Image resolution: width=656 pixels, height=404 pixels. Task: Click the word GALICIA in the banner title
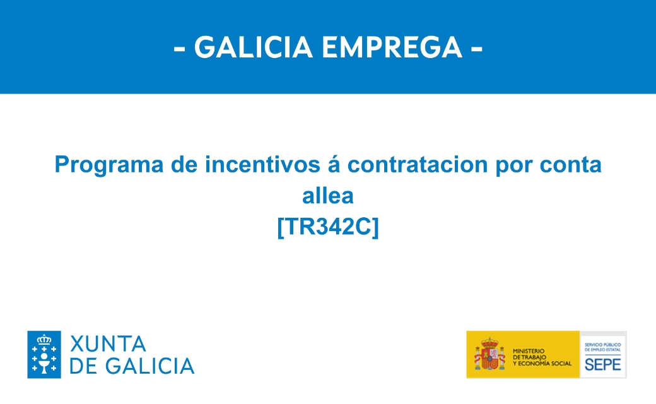pyautogui.click(x=254, y=47)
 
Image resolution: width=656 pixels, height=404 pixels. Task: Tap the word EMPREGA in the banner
pyautogui.click(x=392, y=47)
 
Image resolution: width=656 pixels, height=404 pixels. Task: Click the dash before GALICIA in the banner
pyautogui.click(x=180, y=49)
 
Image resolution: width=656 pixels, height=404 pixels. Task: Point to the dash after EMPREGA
pyautogui.click(x=476, y=49)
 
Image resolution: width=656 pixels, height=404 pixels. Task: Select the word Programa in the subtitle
pyautogui.click(x=109, y=165)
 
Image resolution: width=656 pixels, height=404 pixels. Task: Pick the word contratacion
pyautogui.click(x=418, y=164)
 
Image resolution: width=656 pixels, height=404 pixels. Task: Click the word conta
pyautogui.click(x=570, y=165)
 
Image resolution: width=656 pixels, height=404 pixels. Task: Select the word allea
pyautogui.click(x=328, y=196)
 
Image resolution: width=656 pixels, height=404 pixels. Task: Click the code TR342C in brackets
pyautogui.click(x=328, y=227)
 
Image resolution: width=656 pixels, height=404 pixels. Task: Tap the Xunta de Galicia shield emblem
pyautogui.click(x=44, y=355)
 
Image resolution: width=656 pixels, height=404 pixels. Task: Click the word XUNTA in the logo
pyautogui.click(x=108, y=344)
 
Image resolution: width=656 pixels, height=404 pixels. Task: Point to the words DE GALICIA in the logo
pyautogui.click(x=132, y=366)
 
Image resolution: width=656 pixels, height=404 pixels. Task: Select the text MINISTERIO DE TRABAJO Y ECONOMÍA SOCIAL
pyautogui.click(x=542, y=357)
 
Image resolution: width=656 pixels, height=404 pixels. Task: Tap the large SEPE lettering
pyautogui.click(x=602, y=365)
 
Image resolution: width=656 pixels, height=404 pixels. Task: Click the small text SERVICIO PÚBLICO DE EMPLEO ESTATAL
pyautogui.click(x=602, y=347)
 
